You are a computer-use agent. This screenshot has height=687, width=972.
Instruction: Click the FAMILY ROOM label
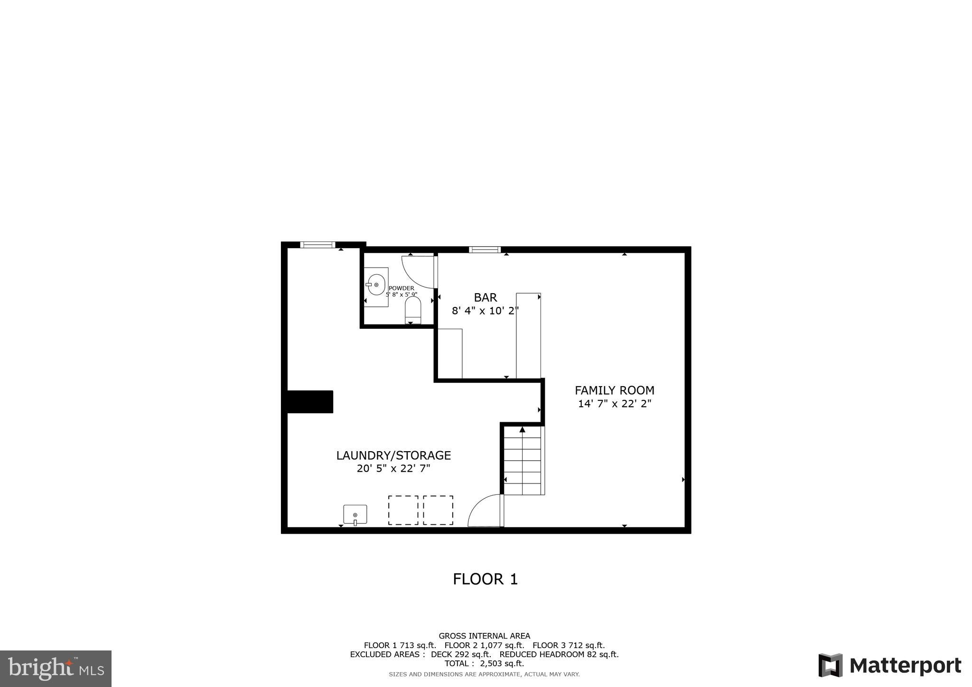tap(614, 390)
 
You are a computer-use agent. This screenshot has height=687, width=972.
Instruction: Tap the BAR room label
tap(485, 297)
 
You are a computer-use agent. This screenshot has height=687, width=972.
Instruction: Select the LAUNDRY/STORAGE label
tap(393, 455)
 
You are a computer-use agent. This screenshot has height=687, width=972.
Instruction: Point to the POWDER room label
tap(401, 288)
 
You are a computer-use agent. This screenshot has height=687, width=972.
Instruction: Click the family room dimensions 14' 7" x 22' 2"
tap(614, 404)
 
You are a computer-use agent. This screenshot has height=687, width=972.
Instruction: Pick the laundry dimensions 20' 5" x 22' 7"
tap(393, 469)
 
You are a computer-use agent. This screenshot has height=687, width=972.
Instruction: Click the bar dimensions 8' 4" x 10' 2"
tap(485, 311)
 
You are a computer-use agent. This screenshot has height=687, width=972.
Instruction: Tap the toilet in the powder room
tap(412, 310)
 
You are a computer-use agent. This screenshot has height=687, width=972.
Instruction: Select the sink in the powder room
tap(376, 285)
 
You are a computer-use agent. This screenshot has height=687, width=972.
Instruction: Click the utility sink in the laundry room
tap(355, 514)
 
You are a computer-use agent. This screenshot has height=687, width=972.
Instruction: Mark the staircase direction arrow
tap(522, 430)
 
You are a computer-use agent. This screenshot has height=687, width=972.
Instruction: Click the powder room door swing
tap(419, 272)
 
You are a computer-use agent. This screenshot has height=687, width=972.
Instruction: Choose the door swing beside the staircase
tap(486, 511)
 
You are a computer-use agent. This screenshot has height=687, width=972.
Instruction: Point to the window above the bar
tap(485, 250)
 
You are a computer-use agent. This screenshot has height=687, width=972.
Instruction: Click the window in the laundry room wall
tap(318, 245)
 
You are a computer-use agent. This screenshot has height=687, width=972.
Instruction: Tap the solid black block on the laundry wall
tap(309, 402)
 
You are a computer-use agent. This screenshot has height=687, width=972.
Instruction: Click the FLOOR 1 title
tap(485, 579)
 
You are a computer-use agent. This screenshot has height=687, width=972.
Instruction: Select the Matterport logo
tap(890, 665)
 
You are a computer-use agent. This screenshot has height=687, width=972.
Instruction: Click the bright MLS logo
tap(56, 669)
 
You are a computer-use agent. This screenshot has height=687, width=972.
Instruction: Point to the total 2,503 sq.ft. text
tap(484, 663)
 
